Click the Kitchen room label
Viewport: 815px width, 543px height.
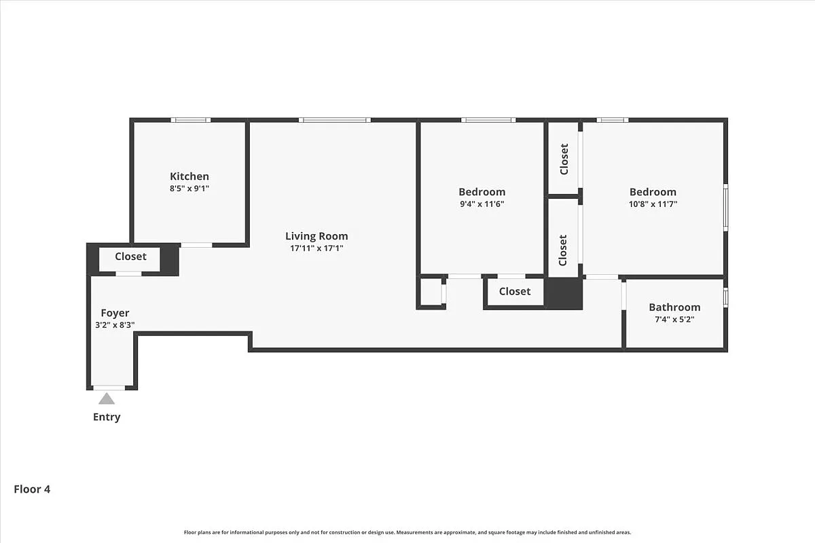[x=189, y=176]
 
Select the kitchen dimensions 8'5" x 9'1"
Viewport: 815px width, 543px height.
[x=189, y=189]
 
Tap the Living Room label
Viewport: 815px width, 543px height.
[x=316, y=236]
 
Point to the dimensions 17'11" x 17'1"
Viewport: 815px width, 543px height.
[x=316, y=248]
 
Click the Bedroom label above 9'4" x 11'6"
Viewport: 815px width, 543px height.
[x=482, y=191]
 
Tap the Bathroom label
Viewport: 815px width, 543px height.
[x=674, y=307]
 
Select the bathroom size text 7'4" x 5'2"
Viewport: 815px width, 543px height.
[x=674, y=319]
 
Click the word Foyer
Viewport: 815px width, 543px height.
[x=115, y=313]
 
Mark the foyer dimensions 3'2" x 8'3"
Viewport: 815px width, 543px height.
[x=115, y=325]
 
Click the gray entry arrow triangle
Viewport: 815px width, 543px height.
[x=107, y=398]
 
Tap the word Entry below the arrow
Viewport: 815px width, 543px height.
[x=107, y=417]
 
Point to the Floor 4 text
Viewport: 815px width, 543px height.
[x=32, y=489]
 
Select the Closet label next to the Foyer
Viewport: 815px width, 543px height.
[x=130, y=257]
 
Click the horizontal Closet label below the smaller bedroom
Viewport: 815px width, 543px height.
[x=514, y=291]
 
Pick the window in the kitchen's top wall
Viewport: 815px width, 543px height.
[x=190, y=120]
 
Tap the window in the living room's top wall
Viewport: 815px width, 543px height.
[x=334, y=120]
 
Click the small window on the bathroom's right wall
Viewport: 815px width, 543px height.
[x=725, y=298]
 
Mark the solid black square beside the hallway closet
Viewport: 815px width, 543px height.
[x=564, y=293]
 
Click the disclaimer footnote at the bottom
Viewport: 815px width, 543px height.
[x=407, y=532]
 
